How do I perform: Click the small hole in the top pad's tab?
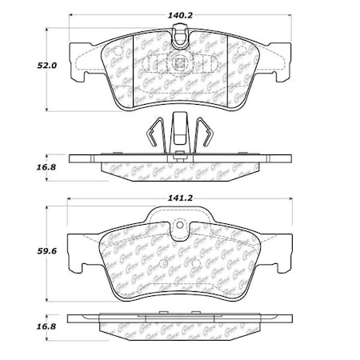coord(182,34)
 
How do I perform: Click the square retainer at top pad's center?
coord(179,62)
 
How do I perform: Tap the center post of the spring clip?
coord(180,132)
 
